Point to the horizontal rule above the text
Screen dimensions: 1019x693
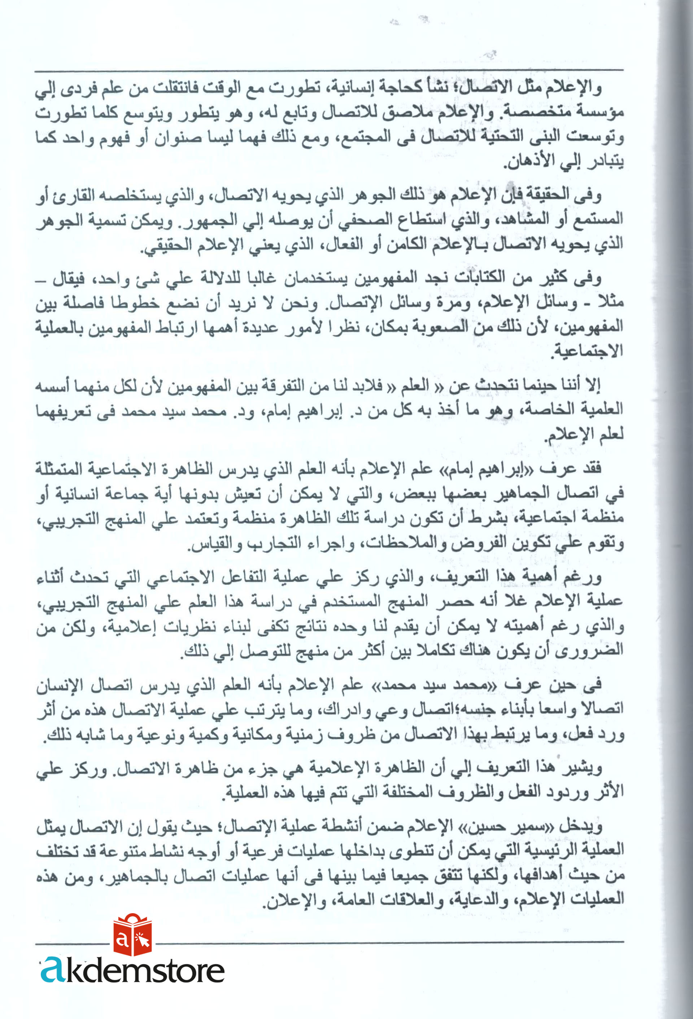(328, 70)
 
